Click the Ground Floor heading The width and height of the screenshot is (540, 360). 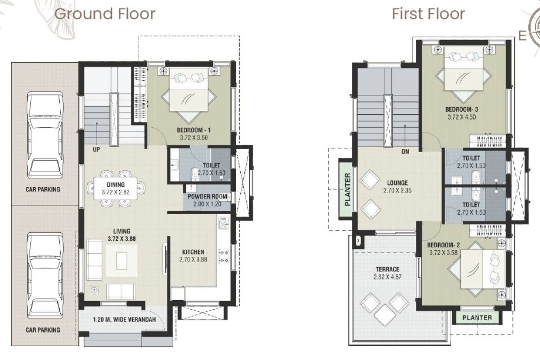click(104, 13)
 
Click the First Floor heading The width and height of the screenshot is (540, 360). click(428, 13)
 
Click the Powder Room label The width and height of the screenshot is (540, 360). click(207, 197)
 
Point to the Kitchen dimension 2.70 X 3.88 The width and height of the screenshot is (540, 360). click(193, 260)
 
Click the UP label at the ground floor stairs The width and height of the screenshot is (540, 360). click(97, 149)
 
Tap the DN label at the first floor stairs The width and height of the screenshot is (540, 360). click(405, 152)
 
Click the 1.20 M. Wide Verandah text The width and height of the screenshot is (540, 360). click(124, 320)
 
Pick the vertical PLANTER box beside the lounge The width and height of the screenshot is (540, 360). click(347, 189)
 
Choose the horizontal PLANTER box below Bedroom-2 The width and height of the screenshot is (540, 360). click(477, 318)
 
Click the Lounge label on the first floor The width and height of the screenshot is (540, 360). click(397, 183)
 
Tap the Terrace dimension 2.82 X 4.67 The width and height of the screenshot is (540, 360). click(387, 277)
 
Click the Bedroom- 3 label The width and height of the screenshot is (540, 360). click(462, 109)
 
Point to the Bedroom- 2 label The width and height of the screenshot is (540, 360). click(443, 245)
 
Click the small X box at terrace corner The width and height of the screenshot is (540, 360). click(359, 241)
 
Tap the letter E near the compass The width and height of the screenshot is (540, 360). click(522, 35)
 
